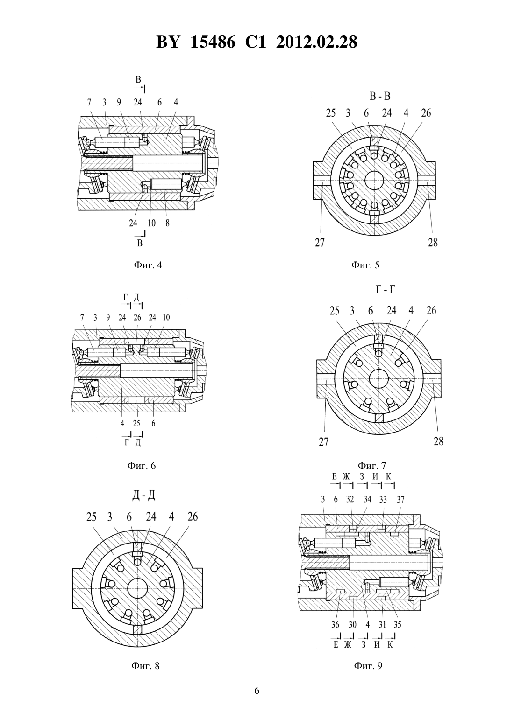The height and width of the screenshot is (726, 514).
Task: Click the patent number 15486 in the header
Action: [x=212, y=42]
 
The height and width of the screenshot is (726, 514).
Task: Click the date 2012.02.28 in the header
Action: [x=316, y=42]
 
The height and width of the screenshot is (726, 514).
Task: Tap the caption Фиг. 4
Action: [x=148, y=265]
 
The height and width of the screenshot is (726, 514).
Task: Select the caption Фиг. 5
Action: [x=365, y=265]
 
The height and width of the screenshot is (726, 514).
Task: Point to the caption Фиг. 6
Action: [x=142, y=466]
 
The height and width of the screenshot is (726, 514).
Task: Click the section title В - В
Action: [x=380, y=96]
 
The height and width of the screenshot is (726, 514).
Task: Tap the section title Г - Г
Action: [x=385, y=289]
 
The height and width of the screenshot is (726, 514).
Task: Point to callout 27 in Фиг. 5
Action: [x=320, y=243]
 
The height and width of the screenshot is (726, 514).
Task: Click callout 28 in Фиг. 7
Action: [x=438, y=441]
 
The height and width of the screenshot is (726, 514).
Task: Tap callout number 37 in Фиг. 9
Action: [x=401, y=499]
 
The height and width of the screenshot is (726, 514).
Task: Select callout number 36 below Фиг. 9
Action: [x=335, y=625]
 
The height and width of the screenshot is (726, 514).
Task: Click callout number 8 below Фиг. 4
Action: [x=167, y=223]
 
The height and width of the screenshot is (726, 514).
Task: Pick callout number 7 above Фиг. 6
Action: [x=82, y=317]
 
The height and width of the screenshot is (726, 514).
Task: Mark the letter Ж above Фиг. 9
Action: [x=347, y=476]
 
